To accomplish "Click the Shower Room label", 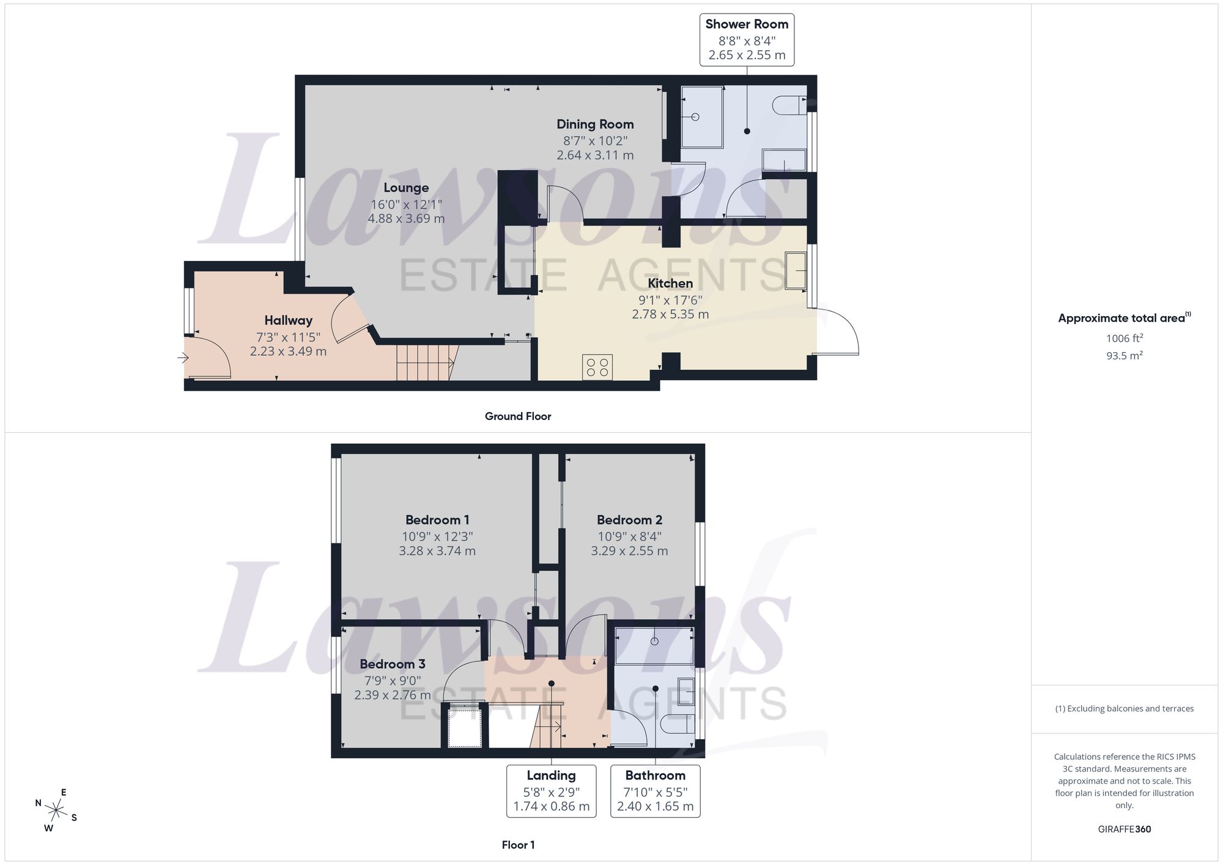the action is point(747,24).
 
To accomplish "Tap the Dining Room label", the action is point(595,124).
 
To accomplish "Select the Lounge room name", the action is point(406,188).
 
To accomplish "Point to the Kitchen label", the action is point(670,283).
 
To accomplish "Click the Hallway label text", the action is point(288,320).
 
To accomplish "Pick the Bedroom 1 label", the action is point(437,520).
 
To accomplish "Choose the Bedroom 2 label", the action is point(629,520).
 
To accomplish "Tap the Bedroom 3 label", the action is point(393,664).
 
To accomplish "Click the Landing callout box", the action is point(552,791).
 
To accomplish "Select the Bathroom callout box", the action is point(656,791).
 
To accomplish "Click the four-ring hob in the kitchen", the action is point(597,367).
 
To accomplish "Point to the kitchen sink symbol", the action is point(796,270).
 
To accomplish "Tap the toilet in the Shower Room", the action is point(790,105).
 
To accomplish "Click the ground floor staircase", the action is point(424,363).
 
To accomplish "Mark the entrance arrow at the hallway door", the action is point(183,358).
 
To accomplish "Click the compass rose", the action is point(56,811).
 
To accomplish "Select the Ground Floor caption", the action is point(518,416).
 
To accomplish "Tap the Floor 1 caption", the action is point(518,845).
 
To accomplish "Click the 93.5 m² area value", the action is point(1124,355).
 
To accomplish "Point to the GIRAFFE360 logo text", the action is point(1124,830).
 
